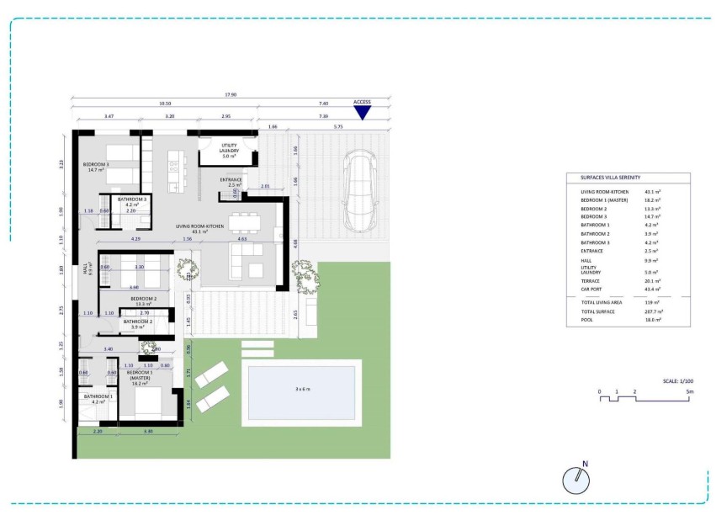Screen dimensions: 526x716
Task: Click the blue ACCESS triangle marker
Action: tap(362, 112)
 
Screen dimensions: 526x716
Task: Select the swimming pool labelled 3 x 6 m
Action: tap(302, 390)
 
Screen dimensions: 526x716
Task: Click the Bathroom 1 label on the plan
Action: tap(98, 398)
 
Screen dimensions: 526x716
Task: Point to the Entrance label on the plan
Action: tap(231, 181)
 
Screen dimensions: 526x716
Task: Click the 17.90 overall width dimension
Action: tap(231, 95)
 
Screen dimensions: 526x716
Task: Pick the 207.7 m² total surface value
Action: tap(651, 312)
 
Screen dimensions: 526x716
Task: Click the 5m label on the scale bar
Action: tap(689, 392)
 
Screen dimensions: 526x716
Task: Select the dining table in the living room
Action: tap(245, 222)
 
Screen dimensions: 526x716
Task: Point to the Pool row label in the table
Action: tap(587, 320)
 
